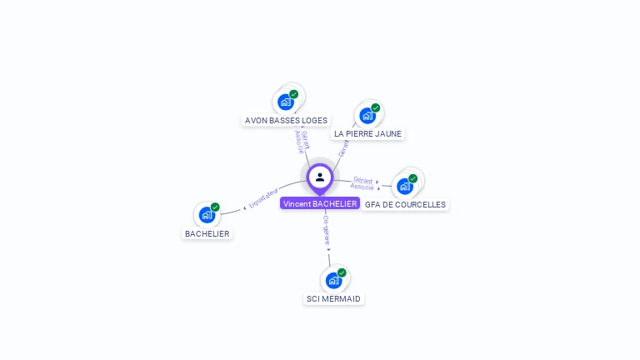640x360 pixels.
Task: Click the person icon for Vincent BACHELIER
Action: (320, 177)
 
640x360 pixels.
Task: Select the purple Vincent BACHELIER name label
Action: (320, 203)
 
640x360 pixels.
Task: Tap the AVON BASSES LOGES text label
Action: (286, 120)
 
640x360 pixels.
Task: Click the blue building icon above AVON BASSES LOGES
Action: (286, 102)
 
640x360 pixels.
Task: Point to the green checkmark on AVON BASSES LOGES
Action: (294, 94)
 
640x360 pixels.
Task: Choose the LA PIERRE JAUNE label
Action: (367, 133)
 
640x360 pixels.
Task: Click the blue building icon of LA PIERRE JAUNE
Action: (367, 116)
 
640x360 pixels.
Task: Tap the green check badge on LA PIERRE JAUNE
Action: (376, 107)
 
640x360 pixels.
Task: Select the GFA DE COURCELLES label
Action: (405, 204)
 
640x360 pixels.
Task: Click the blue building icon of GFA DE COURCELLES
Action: (405, 186)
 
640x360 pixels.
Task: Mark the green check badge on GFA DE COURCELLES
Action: (413, 178)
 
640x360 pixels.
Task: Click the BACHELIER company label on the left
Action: (207, 233)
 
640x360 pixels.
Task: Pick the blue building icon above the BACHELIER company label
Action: (207, 215)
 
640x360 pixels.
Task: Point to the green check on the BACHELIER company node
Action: (215, 207)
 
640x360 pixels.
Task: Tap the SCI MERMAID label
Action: (334, 298)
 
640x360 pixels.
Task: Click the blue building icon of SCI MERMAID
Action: (334, 280)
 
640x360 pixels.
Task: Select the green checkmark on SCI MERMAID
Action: (342, 272)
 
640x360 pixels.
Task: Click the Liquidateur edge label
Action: (263, 198)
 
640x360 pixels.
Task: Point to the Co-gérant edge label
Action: (326, 229)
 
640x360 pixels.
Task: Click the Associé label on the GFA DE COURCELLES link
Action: (362, 187)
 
